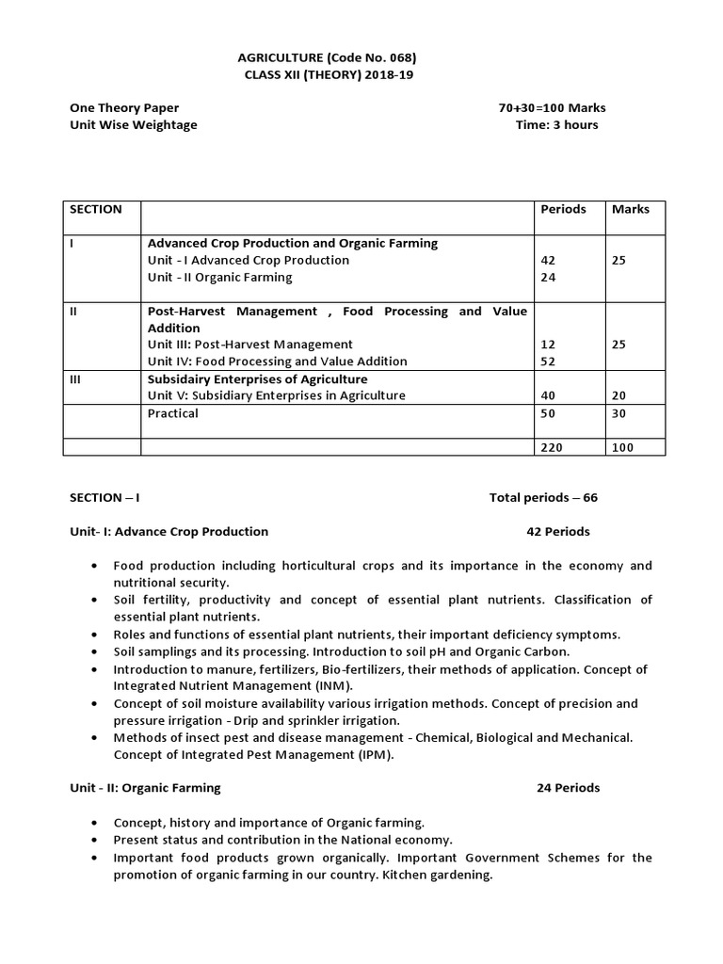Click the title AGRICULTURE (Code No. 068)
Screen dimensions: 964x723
[x=321, y=56]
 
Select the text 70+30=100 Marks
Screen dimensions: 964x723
[x=552, y=108]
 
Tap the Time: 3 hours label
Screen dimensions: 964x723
[x=556, y=125]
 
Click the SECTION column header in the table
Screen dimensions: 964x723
[x=96, y=209]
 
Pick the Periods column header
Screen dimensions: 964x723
[x=563, y=209]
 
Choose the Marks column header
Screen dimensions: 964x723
[x=630, y=209]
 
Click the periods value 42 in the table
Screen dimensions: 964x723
[x=549, y=261]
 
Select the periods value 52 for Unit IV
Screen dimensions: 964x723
[x=549, y=361]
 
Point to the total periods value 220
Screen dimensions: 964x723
[x=552, y=447]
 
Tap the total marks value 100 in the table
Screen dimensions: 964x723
[x=622, y=447]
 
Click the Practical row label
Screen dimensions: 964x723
[x=173, y=413]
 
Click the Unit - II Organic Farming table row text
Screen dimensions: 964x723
[x=219, y=278]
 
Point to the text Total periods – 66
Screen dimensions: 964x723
[x=543, y=498]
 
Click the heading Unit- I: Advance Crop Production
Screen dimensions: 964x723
[x=169, y=532]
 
